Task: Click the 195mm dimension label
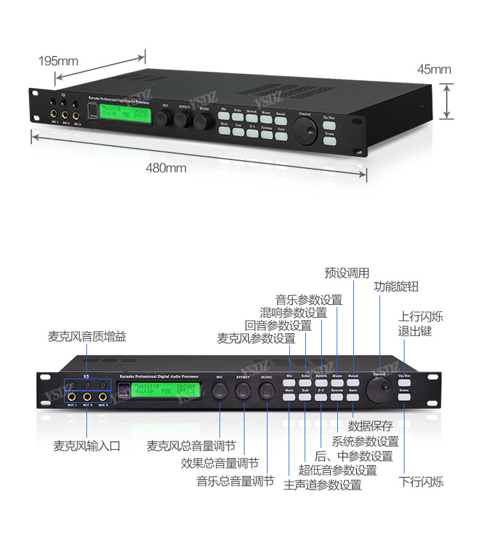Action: pos(58,61)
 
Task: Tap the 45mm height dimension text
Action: pos(434,69)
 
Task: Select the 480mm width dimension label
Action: pos(166,168)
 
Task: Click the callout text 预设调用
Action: pos(347,273)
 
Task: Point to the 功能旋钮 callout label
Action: pos(396,287)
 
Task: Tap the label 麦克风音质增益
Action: pos(87,336)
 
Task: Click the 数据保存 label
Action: pos(370,426)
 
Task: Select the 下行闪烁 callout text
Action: pos(420,482)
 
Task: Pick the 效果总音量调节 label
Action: pos(220,463)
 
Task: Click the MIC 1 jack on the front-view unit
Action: pos(72,397)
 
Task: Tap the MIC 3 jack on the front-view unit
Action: pos(102,397)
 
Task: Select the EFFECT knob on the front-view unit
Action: pos(243,390)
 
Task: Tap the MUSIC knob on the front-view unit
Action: pos(268,390)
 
